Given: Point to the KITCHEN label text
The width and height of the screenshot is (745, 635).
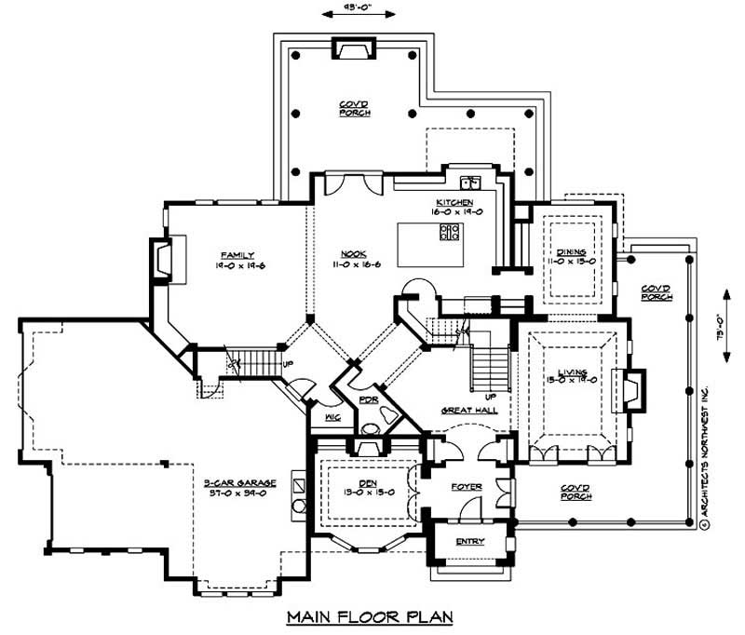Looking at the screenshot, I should [454, 203].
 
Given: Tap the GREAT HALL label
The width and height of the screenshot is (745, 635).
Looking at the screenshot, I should [467, 410].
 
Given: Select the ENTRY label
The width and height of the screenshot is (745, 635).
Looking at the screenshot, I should [469, 541].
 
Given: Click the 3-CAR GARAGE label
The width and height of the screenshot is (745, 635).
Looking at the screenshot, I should [240, 482].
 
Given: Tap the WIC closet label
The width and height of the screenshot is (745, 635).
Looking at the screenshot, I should [332, 418].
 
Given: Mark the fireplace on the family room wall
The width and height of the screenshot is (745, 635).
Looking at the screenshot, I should [162, 259].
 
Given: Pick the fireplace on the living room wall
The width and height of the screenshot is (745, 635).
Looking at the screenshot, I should [633, 391].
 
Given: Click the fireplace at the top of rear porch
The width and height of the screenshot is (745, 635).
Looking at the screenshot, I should [353, 49].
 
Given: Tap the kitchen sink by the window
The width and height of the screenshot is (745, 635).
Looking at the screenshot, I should [468, 181].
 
